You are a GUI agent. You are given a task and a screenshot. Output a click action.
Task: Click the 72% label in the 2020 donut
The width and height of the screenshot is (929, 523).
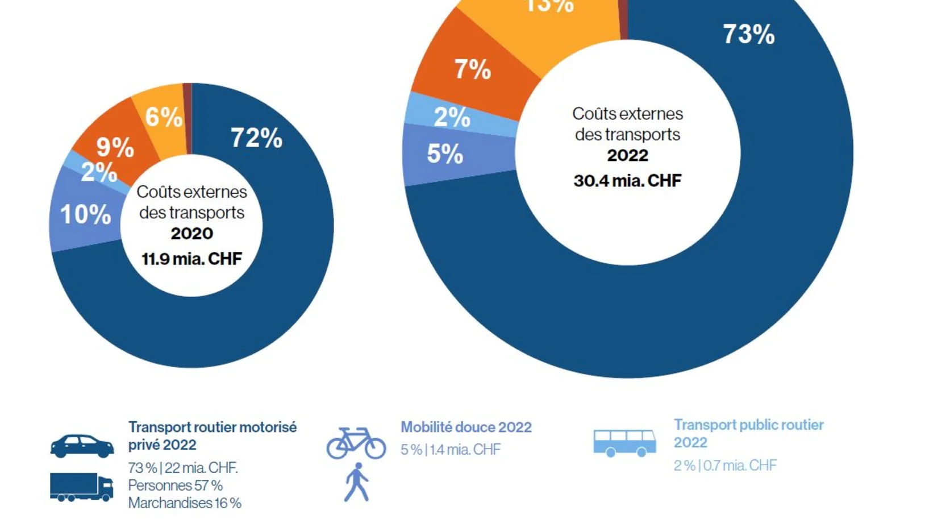(x=256, y=138)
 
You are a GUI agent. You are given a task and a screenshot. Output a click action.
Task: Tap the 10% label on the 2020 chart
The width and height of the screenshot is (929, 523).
(x=85, y=215)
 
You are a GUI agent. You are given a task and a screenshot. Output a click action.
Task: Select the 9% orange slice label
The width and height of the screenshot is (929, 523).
(x=115, y=147)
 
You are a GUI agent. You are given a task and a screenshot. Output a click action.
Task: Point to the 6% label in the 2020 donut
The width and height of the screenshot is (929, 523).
(x=164, y=117)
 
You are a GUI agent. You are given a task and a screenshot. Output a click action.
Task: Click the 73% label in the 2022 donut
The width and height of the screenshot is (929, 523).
(x=748, y=35)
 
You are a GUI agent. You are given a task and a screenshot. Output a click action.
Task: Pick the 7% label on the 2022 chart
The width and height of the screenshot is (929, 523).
(x=472, y=70)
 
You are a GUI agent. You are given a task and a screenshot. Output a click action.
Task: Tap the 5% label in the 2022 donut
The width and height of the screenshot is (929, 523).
(x=445, y=154)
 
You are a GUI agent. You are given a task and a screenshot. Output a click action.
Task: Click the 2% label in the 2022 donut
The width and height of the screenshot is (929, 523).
(x=452, y=117)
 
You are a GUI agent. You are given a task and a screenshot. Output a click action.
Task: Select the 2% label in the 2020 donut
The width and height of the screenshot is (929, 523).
(x=98, y=172)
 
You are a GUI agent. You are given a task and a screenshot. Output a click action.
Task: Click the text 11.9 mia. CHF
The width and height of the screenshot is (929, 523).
(x=191, y=259)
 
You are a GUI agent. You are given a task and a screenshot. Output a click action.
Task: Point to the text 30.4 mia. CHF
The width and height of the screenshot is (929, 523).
(x=627, y=181)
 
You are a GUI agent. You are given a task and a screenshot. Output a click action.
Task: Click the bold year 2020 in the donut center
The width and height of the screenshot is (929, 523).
(x=191, y=234)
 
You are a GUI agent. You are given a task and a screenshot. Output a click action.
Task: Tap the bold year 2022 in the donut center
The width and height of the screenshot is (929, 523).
(x=627, y=155)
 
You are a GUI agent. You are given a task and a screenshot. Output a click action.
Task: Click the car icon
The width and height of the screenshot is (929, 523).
(x=82, y=446)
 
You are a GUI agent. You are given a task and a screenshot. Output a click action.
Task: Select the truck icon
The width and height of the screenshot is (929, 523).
(x=81, y=487)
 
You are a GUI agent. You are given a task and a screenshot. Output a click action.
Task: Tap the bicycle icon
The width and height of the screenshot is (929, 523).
(x=356, y=443)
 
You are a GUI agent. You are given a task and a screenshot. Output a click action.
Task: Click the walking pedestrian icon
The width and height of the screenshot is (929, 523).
(x=357, y=482)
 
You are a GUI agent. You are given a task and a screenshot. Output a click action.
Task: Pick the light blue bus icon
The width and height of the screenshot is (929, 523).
(x=624, y=443)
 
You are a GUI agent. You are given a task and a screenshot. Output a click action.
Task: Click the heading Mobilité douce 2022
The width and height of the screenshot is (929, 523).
(x=466, y=427)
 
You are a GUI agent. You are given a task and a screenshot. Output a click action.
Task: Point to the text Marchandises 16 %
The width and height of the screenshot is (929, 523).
(x=184, y=503)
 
